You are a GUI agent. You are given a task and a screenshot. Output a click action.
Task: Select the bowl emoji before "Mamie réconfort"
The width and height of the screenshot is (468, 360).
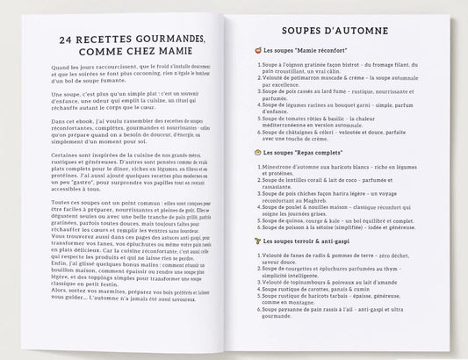(256, 53)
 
